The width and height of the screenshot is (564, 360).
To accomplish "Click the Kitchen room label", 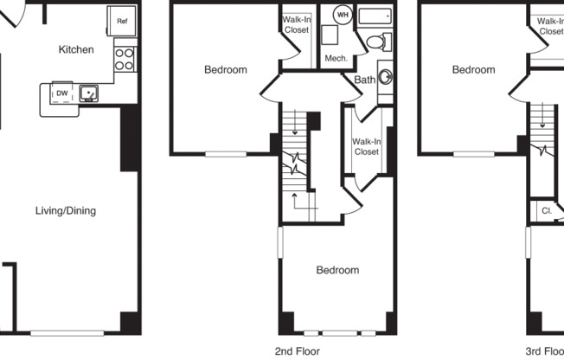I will [x=76, y=49].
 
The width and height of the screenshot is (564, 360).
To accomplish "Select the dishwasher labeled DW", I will [x=62, y=93].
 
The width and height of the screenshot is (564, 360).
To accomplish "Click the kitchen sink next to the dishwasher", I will [x=88, y=93].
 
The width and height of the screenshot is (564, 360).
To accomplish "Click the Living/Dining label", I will [x=66, y=210].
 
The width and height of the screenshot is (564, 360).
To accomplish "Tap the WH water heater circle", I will [x=342, y=16].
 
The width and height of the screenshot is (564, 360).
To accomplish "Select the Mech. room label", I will [x=336, y=59].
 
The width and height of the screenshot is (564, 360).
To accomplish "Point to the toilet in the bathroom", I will [x=378, y=42].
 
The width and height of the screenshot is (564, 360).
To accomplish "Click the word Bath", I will [x=365, y=80].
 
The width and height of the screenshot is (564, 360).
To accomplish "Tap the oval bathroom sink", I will [x=386, y=77].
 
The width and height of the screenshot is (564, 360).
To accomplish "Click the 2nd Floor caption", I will [x=298, y=350].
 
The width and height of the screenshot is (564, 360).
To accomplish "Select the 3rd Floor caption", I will [x=545, y=350].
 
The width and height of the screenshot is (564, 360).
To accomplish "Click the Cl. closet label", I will [x=547, y=210].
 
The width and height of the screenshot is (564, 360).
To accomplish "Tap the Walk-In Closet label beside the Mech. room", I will [x=297, y=25].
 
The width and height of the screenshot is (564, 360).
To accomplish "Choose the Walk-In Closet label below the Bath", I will [x=366, y=146].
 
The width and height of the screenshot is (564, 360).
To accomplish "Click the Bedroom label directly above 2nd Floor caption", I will [x=336, y=270].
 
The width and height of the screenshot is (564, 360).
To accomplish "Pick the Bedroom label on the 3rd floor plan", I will [x=473, y=70].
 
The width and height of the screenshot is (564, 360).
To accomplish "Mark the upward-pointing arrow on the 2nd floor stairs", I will [x=295, y=201].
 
